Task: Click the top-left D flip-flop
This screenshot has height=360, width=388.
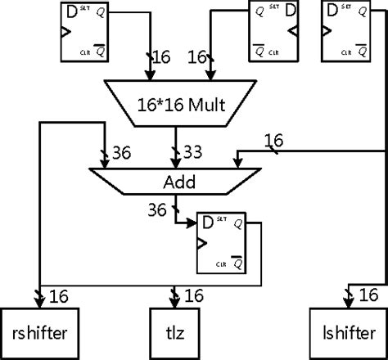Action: coord(87,33)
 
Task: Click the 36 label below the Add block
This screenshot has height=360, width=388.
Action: coord(156,210)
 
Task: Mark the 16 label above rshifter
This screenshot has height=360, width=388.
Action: coord(58,295)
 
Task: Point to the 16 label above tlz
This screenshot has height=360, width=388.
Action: coord(196,295)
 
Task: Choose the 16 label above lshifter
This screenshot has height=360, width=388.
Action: coord(368,295)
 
